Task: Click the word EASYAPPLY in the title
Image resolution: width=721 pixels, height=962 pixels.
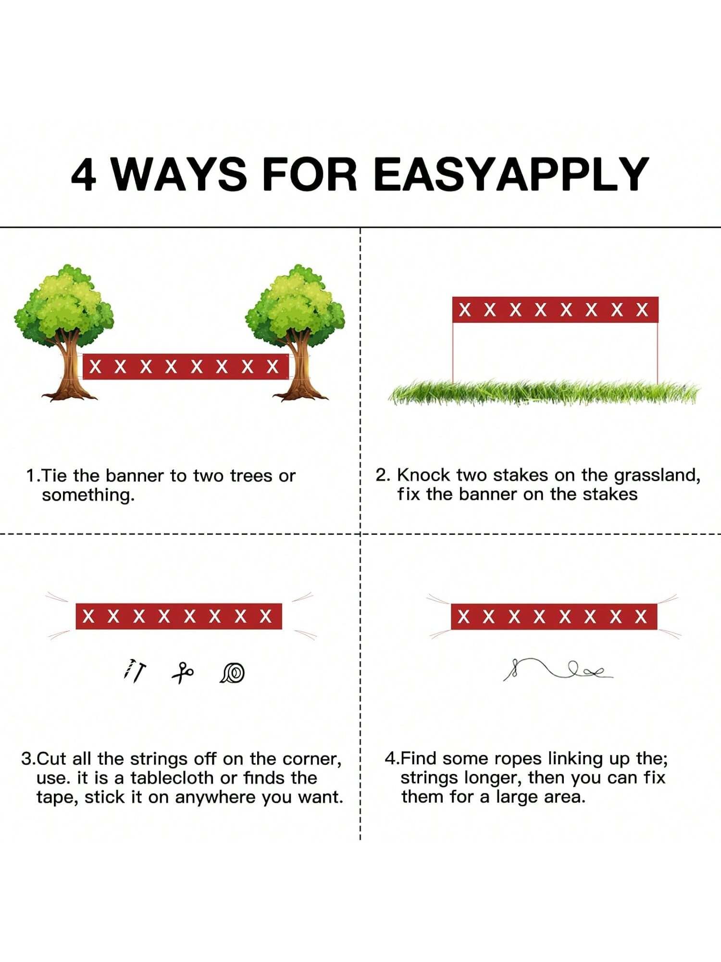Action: [x=511, y=174]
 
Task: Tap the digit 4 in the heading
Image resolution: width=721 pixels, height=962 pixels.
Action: [x=84, y=174]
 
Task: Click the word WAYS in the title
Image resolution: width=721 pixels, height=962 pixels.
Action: [x=179, y=174]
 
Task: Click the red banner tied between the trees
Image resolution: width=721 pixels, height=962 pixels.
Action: [x=186, y=367]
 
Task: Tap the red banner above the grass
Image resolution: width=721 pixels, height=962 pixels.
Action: [x=555, y=310]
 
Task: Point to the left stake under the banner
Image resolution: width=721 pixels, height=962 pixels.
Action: [x=453, y=353]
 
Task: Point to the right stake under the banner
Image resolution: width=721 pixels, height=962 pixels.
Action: [x=657, y=353]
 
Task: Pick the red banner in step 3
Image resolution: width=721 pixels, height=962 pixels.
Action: [x=179, y=616]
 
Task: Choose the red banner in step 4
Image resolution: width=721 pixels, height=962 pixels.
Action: [x=554, y=616]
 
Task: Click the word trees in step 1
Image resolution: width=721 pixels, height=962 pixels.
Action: [x=251, y=476]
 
